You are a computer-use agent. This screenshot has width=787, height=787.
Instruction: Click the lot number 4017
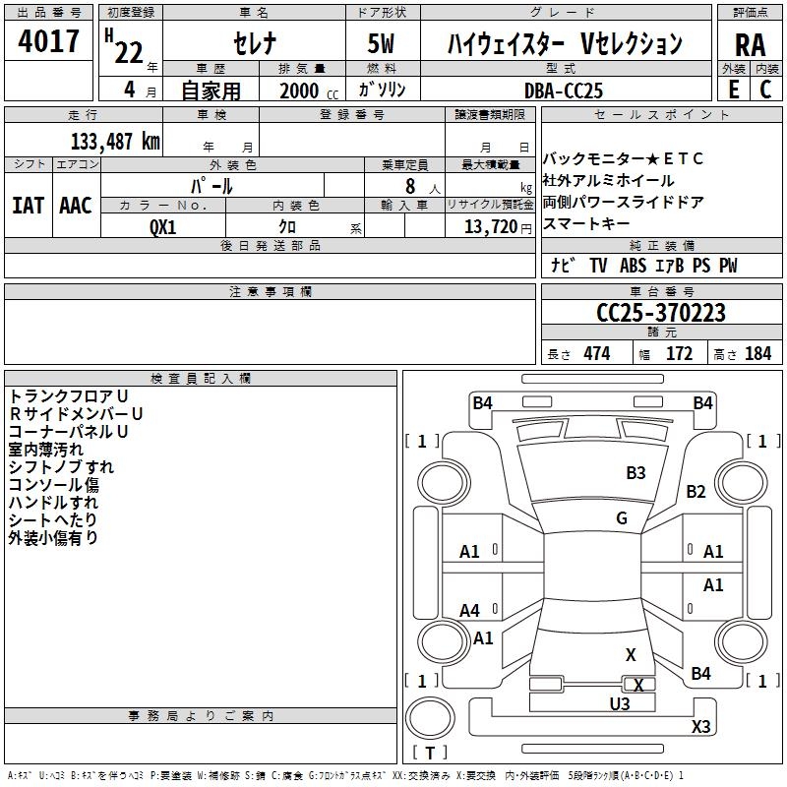pyautogui.click(x=48, y=41)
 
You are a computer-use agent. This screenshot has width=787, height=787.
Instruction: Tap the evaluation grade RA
pyautogui.click(x=750, y=45)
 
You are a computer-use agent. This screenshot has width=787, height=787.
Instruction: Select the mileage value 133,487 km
pyautogui.click(x=115, y=142)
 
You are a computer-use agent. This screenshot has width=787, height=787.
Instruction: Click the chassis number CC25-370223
pyautogui.click(x=661, y=313)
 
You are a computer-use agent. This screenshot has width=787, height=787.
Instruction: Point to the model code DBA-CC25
pyautogui.click(x=563, y=91)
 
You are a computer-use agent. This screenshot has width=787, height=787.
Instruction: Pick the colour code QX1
pyautogui.click(x=162, y=227)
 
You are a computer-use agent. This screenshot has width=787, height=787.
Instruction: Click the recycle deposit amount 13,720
pyautogui.click(x=491, y=227)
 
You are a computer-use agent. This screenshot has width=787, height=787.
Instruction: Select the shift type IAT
pyautogui.click(x=28, y=206)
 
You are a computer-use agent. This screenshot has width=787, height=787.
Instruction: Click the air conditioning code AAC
pyautogui.click(x=76, y=206)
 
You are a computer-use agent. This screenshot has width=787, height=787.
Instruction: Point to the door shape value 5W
pyautogui.click(x=381, y=43)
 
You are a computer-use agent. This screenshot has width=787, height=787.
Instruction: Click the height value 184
pyautogui.click(x=757, y=354)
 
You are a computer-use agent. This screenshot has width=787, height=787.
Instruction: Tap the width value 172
pyautogui.click(x=679, y=354)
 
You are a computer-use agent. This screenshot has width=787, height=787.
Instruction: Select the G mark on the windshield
pyautogui.click(x=622, y=517)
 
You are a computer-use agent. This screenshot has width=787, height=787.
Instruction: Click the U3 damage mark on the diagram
pyautogui.click(x=620, y=703)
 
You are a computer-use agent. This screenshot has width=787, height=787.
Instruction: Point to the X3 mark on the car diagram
pyautogui.click(x=700, y=726)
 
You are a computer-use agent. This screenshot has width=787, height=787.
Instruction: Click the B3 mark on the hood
pyautogui.click(x=636, y=473)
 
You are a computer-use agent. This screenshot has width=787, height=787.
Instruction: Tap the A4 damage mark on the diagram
pyautogui.click(x=470, y=610)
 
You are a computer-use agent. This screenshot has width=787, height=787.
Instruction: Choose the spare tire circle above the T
pyautogui.click(x=430, y=717)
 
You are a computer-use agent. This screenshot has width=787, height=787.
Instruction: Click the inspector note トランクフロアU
pyautogui.click(x=69, y=396)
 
